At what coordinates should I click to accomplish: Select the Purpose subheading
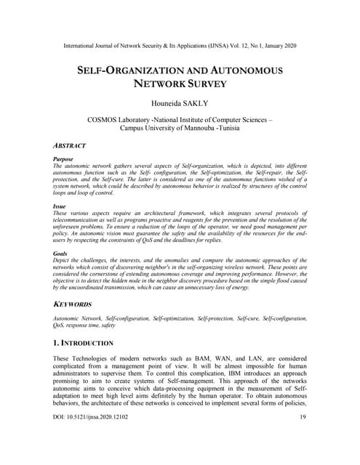click(x=63, y=158)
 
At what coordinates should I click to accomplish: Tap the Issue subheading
click(x=60, y=207)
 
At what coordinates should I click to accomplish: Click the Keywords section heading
click(x=76, y=304)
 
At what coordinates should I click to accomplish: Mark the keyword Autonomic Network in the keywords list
click(x=78, y=319)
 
